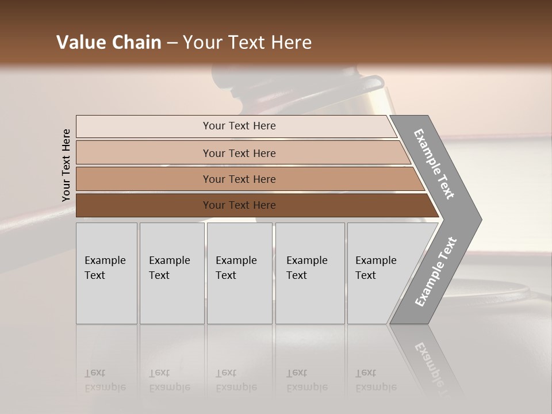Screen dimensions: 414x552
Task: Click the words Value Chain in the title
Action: (109, 43)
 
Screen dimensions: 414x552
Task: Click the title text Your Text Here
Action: (247, 43)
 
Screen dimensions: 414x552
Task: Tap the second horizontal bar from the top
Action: (239, 153)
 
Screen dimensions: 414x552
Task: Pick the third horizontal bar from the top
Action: (239, 179)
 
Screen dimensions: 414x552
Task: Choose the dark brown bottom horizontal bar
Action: (239, 205)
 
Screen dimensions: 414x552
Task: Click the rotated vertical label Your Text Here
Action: (66, 165)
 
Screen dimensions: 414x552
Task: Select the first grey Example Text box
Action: (106, 273)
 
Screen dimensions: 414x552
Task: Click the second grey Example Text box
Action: (171, 273)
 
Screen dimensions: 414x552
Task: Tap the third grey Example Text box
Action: (239, 273)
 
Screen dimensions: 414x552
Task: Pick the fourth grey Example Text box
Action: (309, 273)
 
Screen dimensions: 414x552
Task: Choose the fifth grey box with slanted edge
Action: (379, 273)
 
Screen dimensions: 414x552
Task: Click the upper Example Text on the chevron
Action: (434, 164)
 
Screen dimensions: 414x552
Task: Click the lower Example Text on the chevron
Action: (435, 272)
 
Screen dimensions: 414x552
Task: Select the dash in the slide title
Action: (172, 43)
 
